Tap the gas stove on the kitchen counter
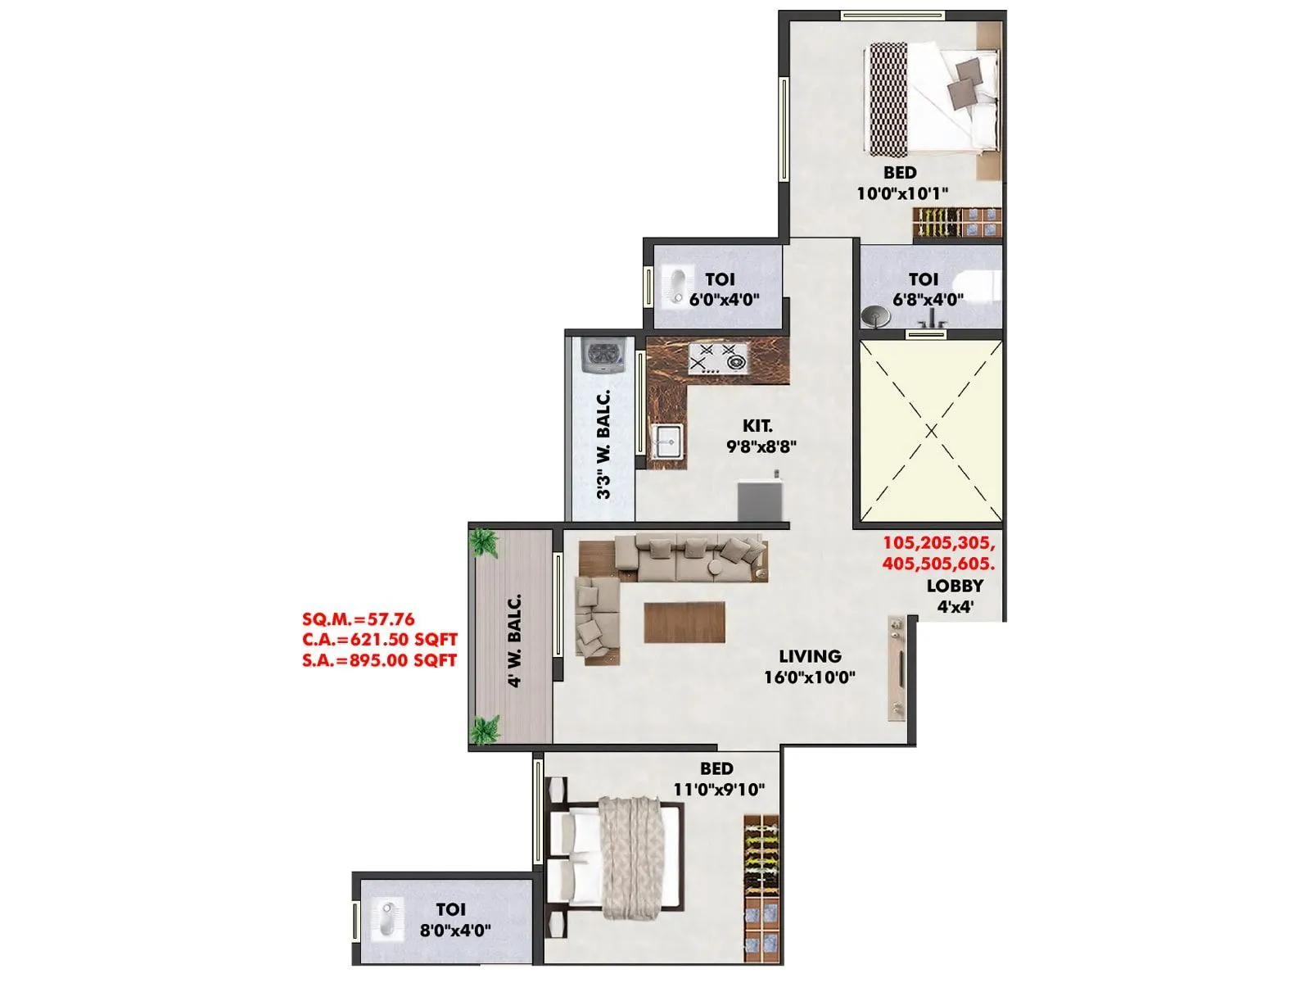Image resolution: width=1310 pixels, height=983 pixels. pos(718,359)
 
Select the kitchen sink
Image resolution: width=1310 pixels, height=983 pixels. pos(666,443)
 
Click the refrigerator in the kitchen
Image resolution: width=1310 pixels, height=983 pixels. pos(761,499)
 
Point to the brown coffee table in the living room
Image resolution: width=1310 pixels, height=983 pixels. pos(684,622)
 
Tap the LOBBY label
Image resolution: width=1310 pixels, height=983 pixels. pos(955,586)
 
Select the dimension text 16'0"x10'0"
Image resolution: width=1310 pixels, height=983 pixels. pos(810,677)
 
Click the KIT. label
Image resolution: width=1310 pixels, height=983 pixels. pos(757,426)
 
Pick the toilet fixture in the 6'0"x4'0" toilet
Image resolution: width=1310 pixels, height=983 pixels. pos(676,286)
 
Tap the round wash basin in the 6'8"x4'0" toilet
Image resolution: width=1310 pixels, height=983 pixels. pos(874,316)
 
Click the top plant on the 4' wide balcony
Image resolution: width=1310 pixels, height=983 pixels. pos(484,541)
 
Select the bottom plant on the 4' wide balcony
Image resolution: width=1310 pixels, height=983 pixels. pos(485,728)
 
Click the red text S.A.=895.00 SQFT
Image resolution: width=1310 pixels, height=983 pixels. pos(379,660)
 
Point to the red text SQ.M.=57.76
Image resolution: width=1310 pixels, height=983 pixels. pos(358,619)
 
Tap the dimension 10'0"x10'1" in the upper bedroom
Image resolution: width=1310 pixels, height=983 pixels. pos(902,193)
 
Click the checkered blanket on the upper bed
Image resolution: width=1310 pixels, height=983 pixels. pos(887,99)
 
